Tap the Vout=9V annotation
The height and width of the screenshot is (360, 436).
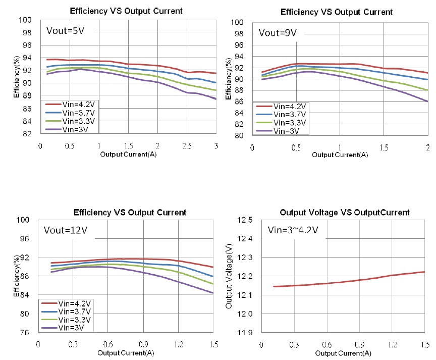(278, 33)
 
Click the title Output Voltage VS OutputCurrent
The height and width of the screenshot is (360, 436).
(334, 212)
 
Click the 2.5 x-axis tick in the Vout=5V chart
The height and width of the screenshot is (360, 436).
(187, 145)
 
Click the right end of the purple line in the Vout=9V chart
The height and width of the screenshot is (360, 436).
(427, 101)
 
